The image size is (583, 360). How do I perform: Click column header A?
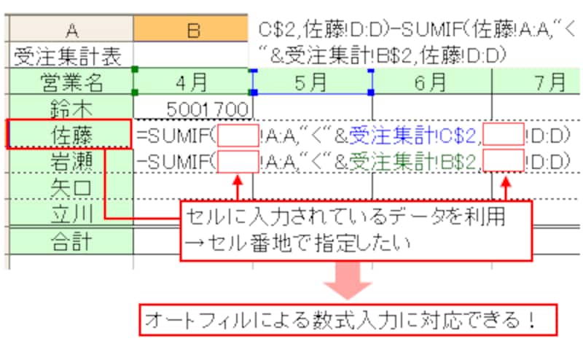[71, 29]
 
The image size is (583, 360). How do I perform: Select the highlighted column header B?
[193, 29]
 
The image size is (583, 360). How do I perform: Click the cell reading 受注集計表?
[71, 55]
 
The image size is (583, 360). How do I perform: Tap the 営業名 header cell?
[71, 81]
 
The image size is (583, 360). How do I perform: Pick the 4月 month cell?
[193, 81]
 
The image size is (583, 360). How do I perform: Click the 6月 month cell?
[431, 81]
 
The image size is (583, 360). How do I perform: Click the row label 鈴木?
[71, 108]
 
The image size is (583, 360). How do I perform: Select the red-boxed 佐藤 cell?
[71, 135]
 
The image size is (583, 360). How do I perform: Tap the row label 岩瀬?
[71, 161]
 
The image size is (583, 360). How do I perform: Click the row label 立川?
[71, 214]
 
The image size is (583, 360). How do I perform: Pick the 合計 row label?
[71, 240]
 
